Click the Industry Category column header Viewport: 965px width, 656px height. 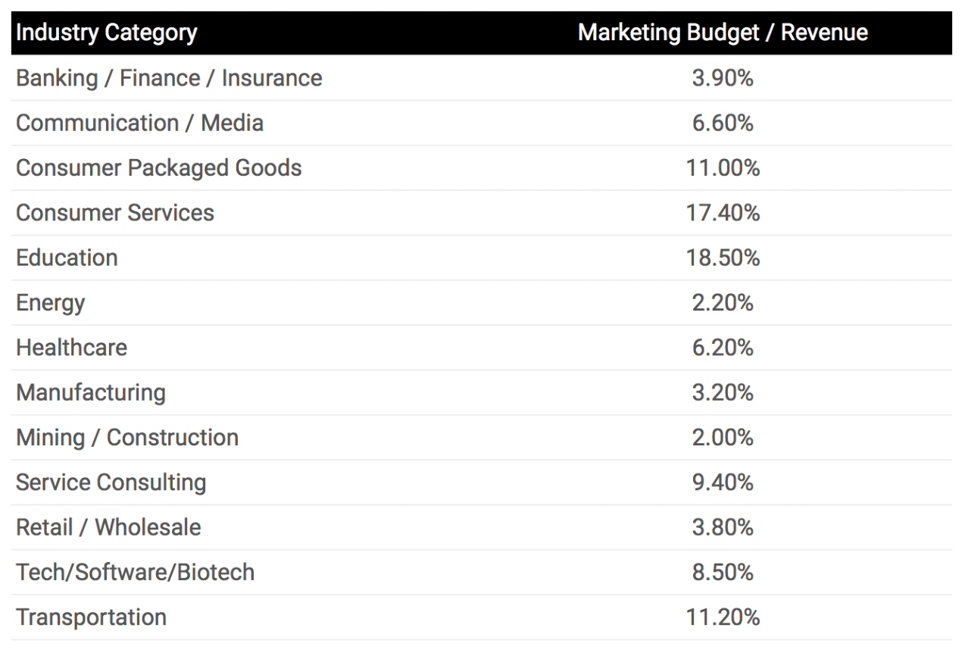[x=106, y=33]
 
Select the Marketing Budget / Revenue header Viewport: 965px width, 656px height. [x=723, y=33]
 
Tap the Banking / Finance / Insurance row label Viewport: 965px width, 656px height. [x=169, y=78]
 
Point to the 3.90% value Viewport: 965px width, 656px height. [x=723, y=78]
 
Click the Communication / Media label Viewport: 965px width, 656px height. [x=139, y=123]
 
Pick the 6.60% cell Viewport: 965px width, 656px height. [x=723, y=123]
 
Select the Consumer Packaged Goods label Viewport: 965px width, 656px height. [x=158, y=167]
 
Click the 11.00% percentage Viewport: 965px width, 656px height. [x=723, y=167]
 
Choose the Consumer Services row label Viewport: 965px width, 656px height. [x=115, y=213]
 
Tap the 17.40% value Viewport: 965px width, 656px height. [x=723, y=213]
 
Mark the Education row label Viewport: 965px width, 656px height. [x=67, y=258]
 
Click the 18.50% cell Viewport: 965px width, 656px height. [x=723, y=258]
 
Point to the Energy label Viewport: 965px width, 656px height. [x=50, y=303]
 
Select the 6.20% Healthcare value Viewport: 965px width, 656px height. [x=723, y=348]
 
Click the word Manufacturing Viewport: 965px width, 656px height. [x=90, y=392]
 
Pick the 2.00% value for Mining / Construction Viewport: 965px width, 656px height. [x=723, y=437]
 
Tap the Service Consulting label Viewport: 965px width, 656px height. [x=111, y=483]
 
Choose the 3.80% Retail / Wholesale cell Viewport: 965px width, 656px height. [x=723, y=527]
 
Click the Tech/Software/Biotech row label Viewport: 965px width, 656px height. [x=135, y=572]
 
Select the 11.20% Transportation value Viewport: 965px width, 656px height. [x=723, y=617]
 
